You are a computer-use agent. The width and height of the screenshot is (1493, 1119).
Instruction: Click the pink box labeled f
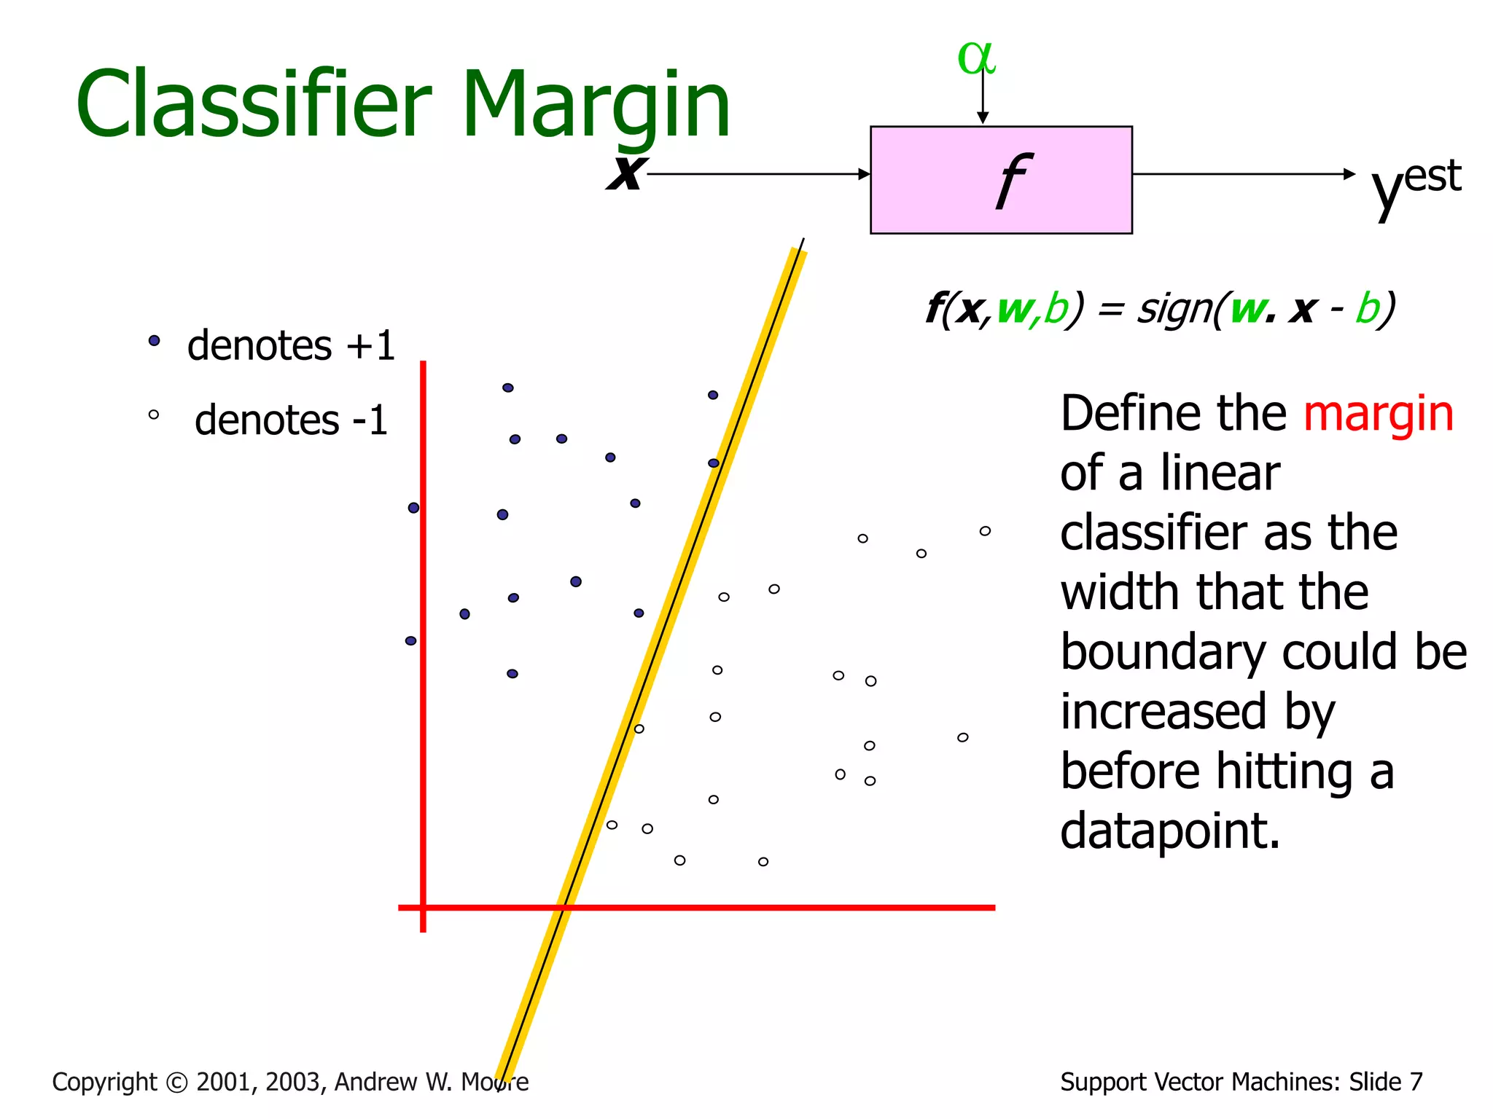[1000, 180]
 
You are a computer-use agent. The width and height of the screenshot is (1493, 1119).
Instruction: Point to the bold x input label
[625, 173]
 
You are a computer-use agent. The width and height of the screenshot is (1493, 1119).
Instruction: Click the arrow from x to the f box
[758, 174]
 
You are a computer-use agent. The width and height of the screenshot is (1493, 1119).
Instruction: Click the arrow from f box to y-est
[1243, 174]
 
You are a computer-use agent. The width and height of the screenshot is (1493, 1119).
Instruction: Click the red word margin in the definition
[1378, 414]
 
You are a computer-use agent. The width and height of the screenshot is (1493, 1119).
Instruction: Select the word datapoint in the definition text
[1169, 831]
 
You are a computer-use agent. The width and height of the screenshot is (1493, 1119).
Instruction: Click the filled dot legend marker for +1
[154, 340]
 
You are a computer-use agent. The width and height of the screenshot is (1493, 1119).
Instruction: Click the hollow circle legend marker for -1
[153, 415]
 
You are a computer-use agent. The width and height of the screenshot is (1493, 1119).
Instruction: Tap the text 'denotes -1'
[290, 420]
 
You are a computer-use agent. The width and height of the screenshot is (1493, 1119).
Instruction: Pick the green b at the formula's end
[1368, 309]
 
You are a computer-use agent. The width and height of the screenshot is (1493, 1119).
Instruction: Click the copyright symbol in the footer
[176, 1083]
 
